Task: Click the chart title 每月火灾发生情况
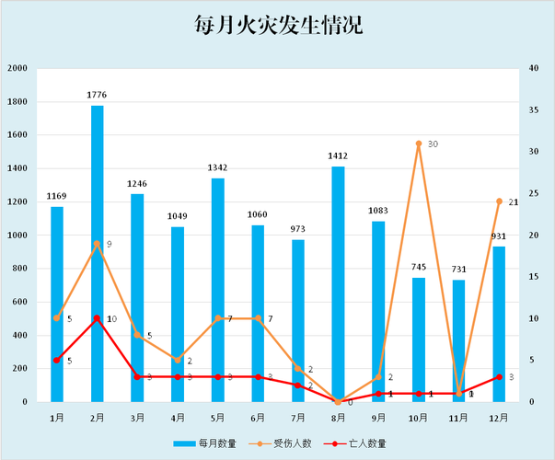[278, 25]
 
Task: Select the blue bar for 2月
[98, 253]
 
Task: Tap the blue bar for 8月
[338, 283]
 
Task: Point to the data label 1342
[218, 167]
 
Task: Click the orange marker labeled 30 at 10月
[419, 144]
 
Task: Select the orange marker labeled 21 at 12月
[499, 201]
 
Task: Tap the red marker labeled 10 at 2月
[98, 318]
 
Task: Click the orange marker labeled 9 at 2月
[98, 244]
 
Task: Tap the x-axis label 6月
[258, 417]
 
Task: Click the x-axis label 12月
[499, 417]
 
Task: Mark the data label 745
[419, 267]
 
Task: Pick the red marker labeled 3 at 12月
[499, 377]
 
